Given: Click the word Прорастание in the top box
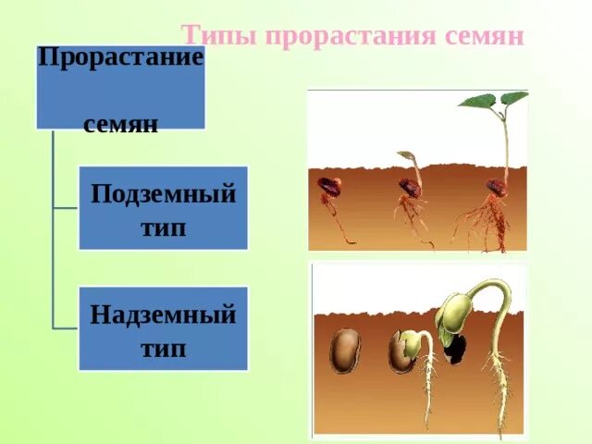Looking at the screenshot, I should click(x=120, y=57).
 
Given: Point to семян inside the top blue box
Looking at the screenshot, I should click(x=120, y=123).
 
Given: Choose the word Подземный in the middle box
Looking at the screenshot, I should click(x=163, y=195).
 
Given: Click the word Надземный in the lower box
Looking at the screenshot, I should click(x=163, y=314).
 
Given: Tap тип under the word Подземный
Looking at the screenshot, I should click(x=163, y=228).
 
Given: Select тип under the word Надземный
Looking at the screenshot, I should click(x=163, y=348).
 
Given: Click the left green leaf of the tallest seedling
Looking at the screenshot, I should click(x=477, y=101).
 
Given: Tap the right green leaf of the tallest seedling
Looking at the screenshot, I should click(x=514, y=97).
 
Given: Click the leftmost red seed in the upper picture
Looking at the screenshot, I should click(x=328, y=187).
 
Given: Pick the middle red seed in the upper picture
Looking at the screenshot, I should click(x=410, y=188).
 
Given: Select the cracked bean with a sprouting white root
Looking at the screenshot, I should click(x=402, y=352).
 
